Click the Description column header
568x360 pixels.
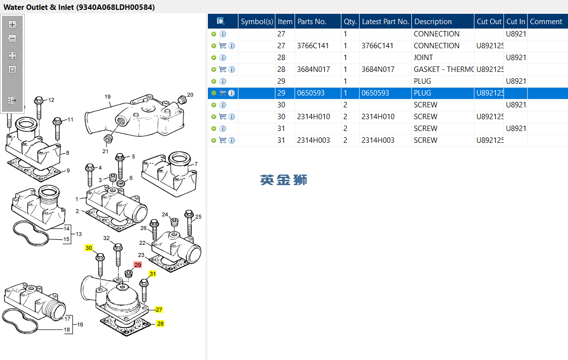433,22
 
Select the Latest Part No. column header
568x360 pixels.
385,22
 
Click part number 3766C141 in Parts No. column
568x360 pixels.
313,46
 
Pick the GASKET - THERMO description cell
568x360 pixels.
443,69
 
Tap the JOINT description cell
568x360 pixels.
423,58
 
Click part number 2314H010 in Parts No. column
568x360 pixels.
313,117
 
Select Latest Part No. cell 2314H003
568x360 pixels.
378,140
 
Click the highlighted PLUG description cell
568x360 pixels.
422,93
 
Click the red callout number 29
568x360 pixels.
138,265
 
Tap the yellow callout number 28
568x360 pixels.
161,324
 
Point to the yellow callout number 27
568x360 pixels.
159,310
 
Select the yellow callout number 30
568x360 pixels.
89,248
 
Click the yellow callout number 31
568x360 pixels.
153,274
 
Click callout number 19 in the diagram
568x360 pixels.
107,97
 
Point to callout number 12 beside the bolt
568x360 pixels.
51,100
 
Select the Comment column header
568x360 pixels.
546,22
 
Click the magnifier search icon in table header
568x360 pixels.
221,22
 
